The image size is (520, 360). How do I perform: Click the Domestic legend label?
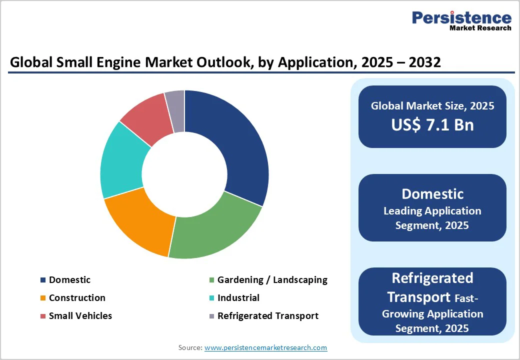point(69,280)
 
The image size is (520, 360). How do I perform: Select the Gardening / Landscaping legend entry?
point(272,280)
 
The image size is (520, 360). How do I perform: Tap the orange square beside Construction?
point(43,298)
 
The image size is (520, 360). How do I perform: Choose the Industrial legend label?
point(238,298)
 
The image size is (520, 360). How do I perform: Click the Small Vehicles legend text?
point(80,316)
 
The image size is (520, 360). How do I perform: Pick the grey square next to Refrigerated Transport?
point(211,316)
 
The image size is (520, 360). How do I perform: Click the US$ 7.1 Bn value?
point(432,125)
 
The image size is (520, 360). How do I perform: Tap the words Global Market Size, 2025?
point(432,106)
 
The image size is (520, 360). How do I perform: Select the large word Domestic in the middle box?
point(432,194)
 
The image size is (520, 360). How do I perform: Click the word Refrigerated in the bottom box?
point(432,277)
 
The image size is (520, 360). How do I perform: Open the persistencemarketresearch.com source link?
point(265,347)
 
